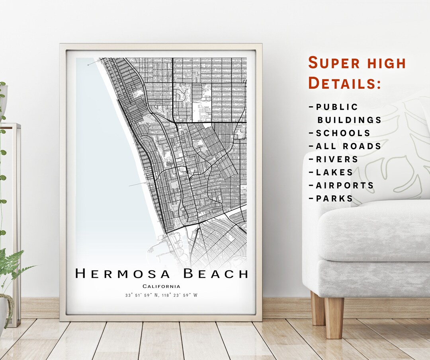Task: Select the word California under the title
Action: (161, 286)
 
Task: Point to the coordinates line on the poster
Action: (161, 295)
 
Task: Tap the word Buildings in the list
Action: (349, 120)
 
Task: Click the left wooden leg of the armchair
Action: (318, 309)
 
